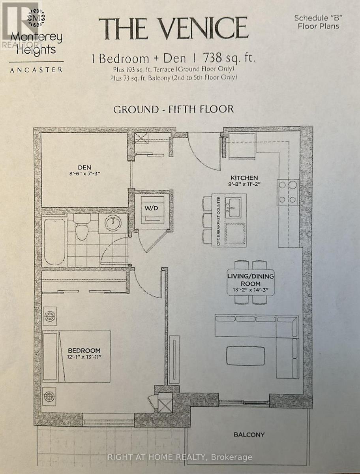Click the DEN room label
pyautogui.click(x=84, y=167)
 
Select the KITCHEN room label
pyautogui.click(x=244, y=178)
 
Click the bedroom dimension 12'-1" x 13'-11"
pyautogui.click(x=84, y=357)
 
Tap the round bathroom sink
pyautogui.click(x=113, y=223)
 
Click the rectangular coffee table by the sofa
pyautogui.click(x=246, y=355)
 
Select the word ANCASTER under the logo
pyautogui.click(x=36, y=70)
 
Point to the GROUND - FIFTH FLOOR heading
pyautogui.click(x=173, y=109)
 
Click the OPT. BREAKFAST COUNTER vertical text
pyautogui.click(x=219, y=221)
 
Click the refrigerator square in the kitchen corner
pyautogui.click(x=242, y=146)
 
